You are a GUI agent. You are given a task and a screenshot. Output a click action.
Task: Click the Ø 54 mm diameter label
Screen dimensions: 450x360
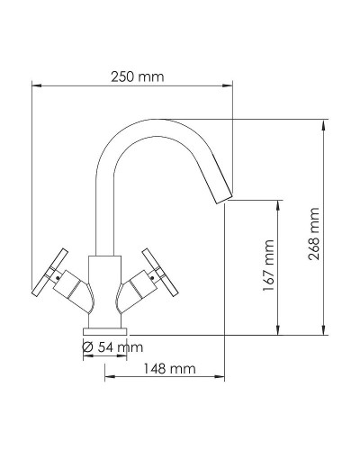coord(112,347)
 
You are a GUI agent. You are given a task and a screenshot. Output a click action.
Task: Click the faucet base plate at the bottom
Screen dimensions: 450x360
coord(106,329)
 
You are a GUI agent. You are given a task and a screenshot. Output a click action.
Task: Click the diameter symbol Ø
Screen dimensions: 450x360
coord(87,347)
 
